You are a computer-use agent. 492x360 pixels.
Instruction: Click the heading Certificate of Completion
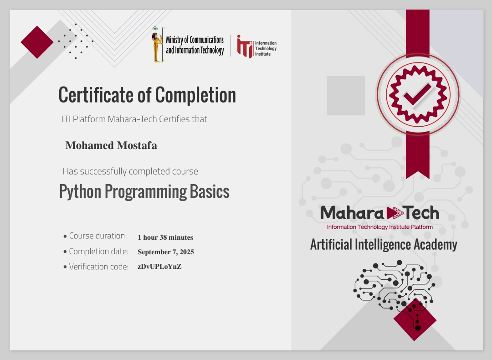pyautogui.click(x=147, y=95)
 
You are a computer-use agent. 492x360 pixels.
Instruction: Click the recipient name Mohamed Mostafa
pyautogui.click(x=111, y=145)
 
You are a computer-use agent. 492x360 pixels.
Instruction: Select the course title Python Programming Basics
pyautogui.click(x=144, y=191)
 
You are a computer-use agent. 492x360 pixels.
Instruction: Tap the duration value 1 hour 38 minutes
pyautogui.click(x=165, y=237)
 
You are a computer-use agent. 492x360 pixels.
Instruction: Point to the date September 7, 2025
pyautogui.click(x=166, y=252)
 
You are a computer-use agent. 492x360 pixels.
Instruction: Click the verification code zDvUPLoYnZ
pyautogui.click(x=159, y=267)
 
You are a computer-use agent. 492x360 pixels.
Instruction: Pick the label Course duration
pyautogui.click(x=97, y=236)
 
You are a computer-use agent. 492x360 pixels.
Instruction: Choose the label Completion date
pyautogui.click(x=98, y=252)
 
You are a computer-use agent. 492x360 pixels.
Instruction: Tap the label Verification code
pyautogui.click(x=98, y=267)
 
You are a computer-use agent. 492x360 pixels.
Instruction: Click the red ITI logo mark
pyautogui.click(x=244, y=46)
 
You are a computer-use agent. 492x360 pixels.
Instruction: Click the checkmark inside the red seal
pyautogui.click(x=417, y=94)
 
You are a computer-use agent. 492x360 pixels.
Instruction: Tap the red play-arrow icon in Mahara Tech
pyautogui.click(x=395, y=212)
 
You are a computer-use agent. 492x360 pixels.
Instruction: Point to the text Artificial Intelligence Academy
pyautogui.click(x=384, y=245)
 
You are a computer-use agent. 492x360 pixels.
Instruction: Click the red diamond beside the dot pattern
pyautogui.click(x=37, y=42)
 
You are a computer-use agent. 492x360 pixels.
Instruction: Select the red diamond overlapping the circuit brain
pyautogui.click(x=415, y=319)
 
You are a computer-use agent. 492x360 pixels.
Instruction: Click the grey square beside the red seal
pyautogui.click(x=346, y=95)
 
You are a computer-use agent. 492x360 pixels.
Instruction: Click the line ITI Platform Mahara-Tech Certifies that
pyautogui.click(x=134, y=119)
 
